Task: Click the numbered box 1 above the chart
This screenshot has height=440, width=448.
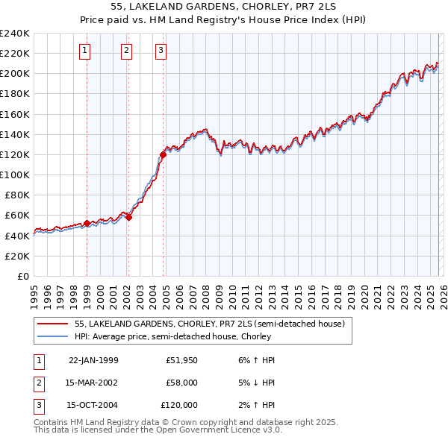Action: click(x=86, y=51)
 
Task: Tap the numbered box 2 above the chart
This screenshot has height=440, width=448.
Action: click(x=127, y=51)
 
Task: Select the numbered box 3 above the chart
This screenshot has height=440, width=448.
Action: click(x=161, y=51)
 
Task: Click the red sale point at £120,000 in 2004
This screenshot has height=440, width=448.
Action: click(x=163, y=154)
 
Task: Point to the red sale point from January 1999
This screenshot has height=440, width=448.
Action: click(x=87, y=223)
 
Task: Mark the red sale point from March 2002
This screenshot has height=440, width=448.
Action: click(x=128, y=217)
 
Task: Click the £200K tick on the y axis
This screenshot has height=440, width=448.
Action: click(x=15, y=73)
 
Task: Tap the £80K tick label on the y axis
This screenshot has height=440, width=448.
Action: click(x=16, y=195)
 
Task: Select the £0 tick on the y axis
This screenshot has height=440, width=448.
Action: click(x=22, y=276)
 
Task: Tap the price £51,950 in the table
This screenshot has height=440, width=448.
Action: click(x=181, y=360)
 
